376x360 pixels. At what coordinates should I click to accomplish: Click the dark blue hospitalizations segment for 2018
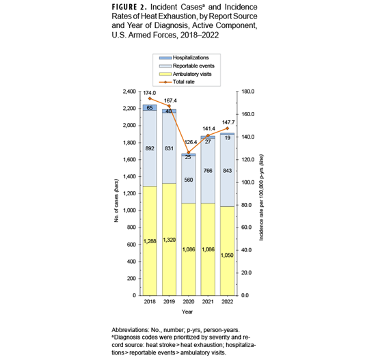(150, 107)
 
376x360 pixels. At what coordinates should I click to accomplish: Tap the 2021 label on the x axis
(207, 301)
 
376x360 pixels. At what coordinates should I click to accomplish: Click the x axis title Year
(188, 311)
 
